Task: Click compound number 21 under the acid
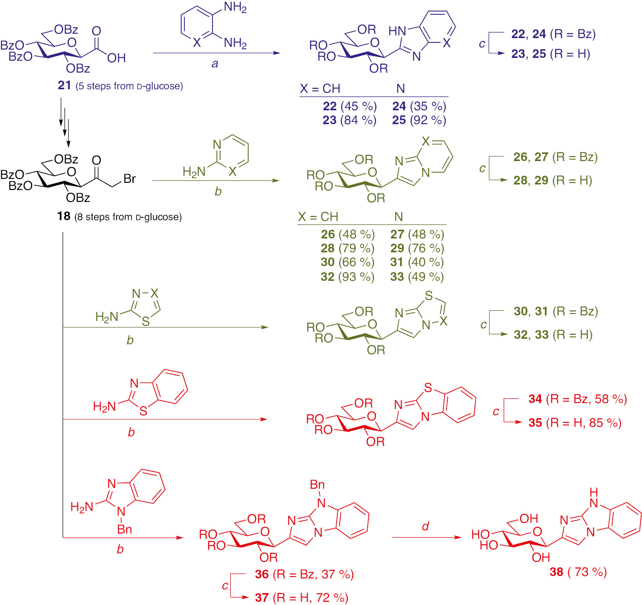click(64, 85)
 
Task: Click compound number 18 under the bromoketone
click(63, 216)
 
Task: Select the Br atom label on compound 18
click(130, 179)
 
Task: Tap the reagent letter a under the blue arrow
click(215, 63)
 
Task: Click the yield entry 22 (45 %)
click(349, 106)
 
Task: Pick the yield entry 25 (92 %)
click(419, 120)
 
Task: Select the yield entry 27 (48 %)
click(417, 234)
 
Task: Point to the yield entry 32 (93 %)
click(347, 277)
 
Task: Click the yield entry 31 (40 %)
click(417, 262)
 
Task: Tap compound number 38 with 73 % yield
click(556, 572)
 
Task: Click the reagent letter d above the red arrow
click(425, 526)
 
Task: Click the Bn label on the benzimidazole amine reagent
click(125, 530)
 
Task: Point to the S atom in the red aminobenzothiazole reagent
click(144, 411)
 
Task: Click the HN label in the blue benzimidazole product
click(397, 31)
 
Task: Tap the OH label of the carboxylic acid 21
click(116, 58)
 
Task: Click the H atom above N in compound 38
click(594, 492)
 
